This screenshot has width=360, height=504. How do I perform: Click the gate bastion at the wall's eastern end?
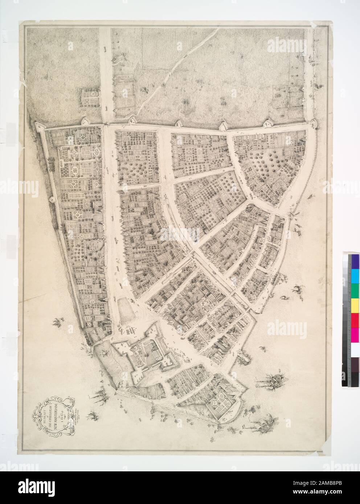pos(313,124)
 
